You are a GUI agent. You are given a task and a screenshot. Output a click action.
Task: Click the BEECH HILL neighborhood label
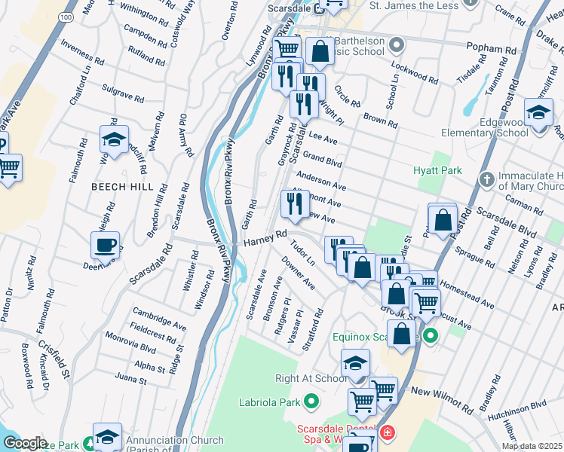[x=122, y=187]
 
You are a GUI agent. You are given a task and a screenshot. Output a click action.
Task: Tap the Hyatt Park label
[x=437, y=171]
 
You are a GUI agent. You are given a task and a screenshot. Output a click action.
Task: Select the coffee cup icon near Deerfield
[x=105, y=246]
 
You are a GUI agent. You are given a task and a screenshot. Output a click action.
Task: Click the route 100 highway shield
[x=67, y=15]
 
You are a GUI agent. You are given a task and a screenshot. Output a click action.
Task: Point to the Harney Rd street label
[x=265, y=240]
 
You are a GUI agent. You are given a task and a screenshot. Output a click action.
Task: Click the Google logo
[x=26, y=442]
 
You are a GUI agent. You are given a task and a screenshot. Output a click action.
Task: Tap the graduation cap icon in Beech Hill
[x=113, y=140]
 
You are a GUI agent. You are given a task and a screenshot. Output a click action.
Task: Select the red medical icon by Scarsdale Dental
[x=387, y=433]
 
